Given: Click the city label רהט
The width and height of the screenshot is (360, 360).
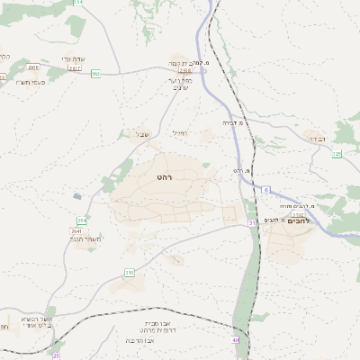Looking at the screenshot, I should pyautogui.click(x=164, y=177).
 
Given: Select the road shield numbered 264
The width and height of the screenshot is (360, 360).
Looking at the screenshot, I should pyautogui.click(x=82, y=220).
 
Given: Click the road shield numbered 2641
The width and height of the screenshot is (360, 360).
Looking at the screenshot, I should pyautogui.click(x=76, y=231).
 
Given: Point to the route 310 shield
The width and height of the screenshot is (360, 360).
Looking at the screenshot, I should pyautogui.click(x=130, y=271).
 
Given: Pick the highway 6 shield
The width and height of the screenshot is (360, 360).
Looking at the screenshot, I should pyautogui.click(x=266, y=190).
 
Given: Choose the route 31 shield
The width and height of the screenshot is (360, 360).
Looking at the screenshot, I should pyautogui.click(x=253, y=221).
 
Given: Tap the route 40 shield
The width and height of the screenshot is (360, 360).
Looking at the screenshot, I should pyautogui.click(x=236, y=339).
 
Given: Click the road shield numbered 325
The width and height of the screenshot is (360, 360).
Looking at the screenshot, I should pyautogui.click(x=337, y=154).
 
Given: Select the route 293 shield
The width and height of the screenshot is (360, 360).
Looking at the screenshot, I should pyautogui.click(x=95, y=74).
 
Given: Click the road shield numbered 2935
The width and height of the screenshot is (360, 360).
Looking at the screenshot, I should pyautogui.click(x=33, y=67).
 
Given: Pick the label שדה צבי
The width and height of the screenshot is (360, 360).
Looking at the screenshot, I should pyautogui.click(x=73, y=59).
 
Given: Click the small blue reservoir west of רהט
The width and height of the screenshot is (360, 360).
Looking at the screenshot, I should pyautogui.click(x=77, y=195).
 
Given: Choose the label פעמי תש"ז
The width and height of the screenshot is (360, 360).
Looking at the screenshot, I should pyautogui.click(x=31, y=82).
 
